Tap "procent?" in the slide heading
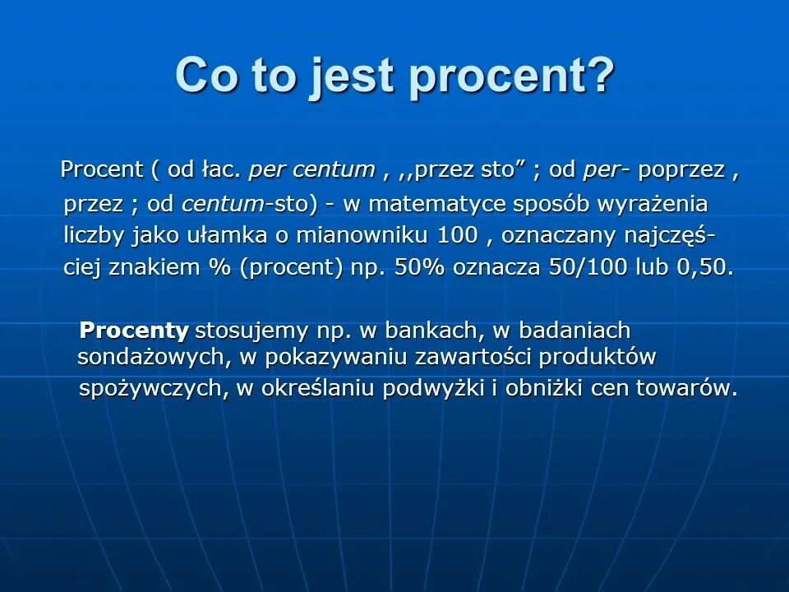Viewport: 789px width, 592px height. point(511,76)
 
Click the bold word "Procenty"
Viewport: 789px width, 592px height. point(134,331)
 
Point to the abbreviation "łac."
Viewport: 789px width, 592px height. point(219,170)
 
